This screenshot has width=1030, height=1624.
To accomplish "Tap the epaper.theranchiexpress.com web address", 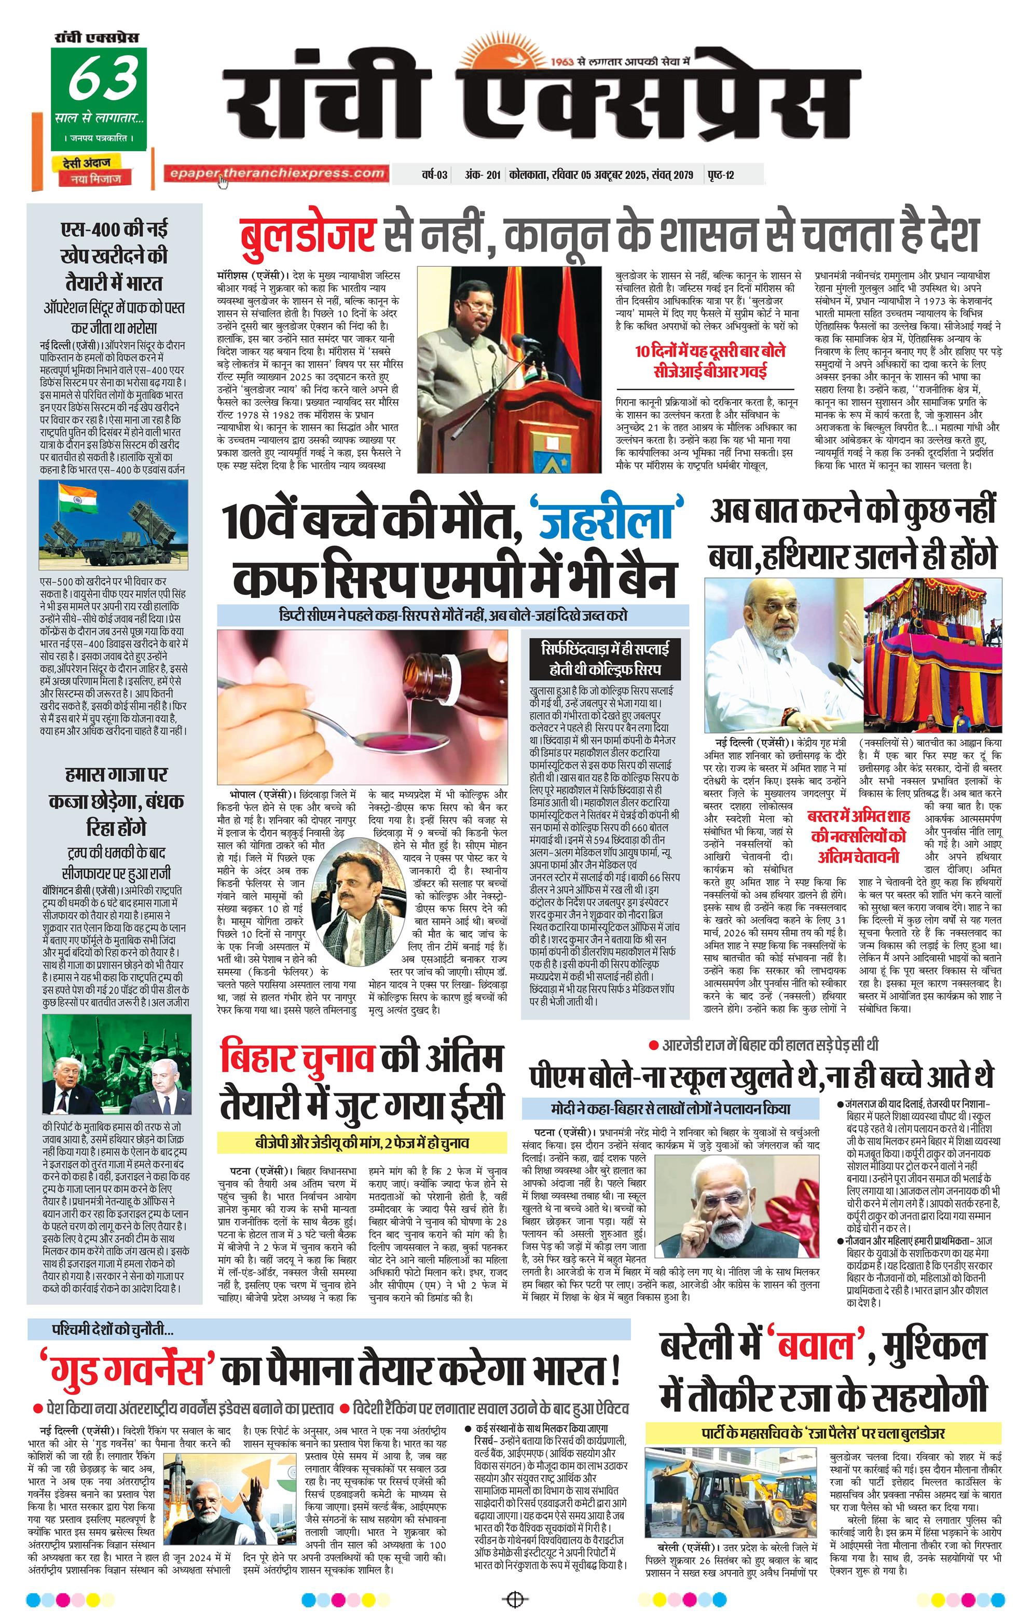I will tap(277, 173).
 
